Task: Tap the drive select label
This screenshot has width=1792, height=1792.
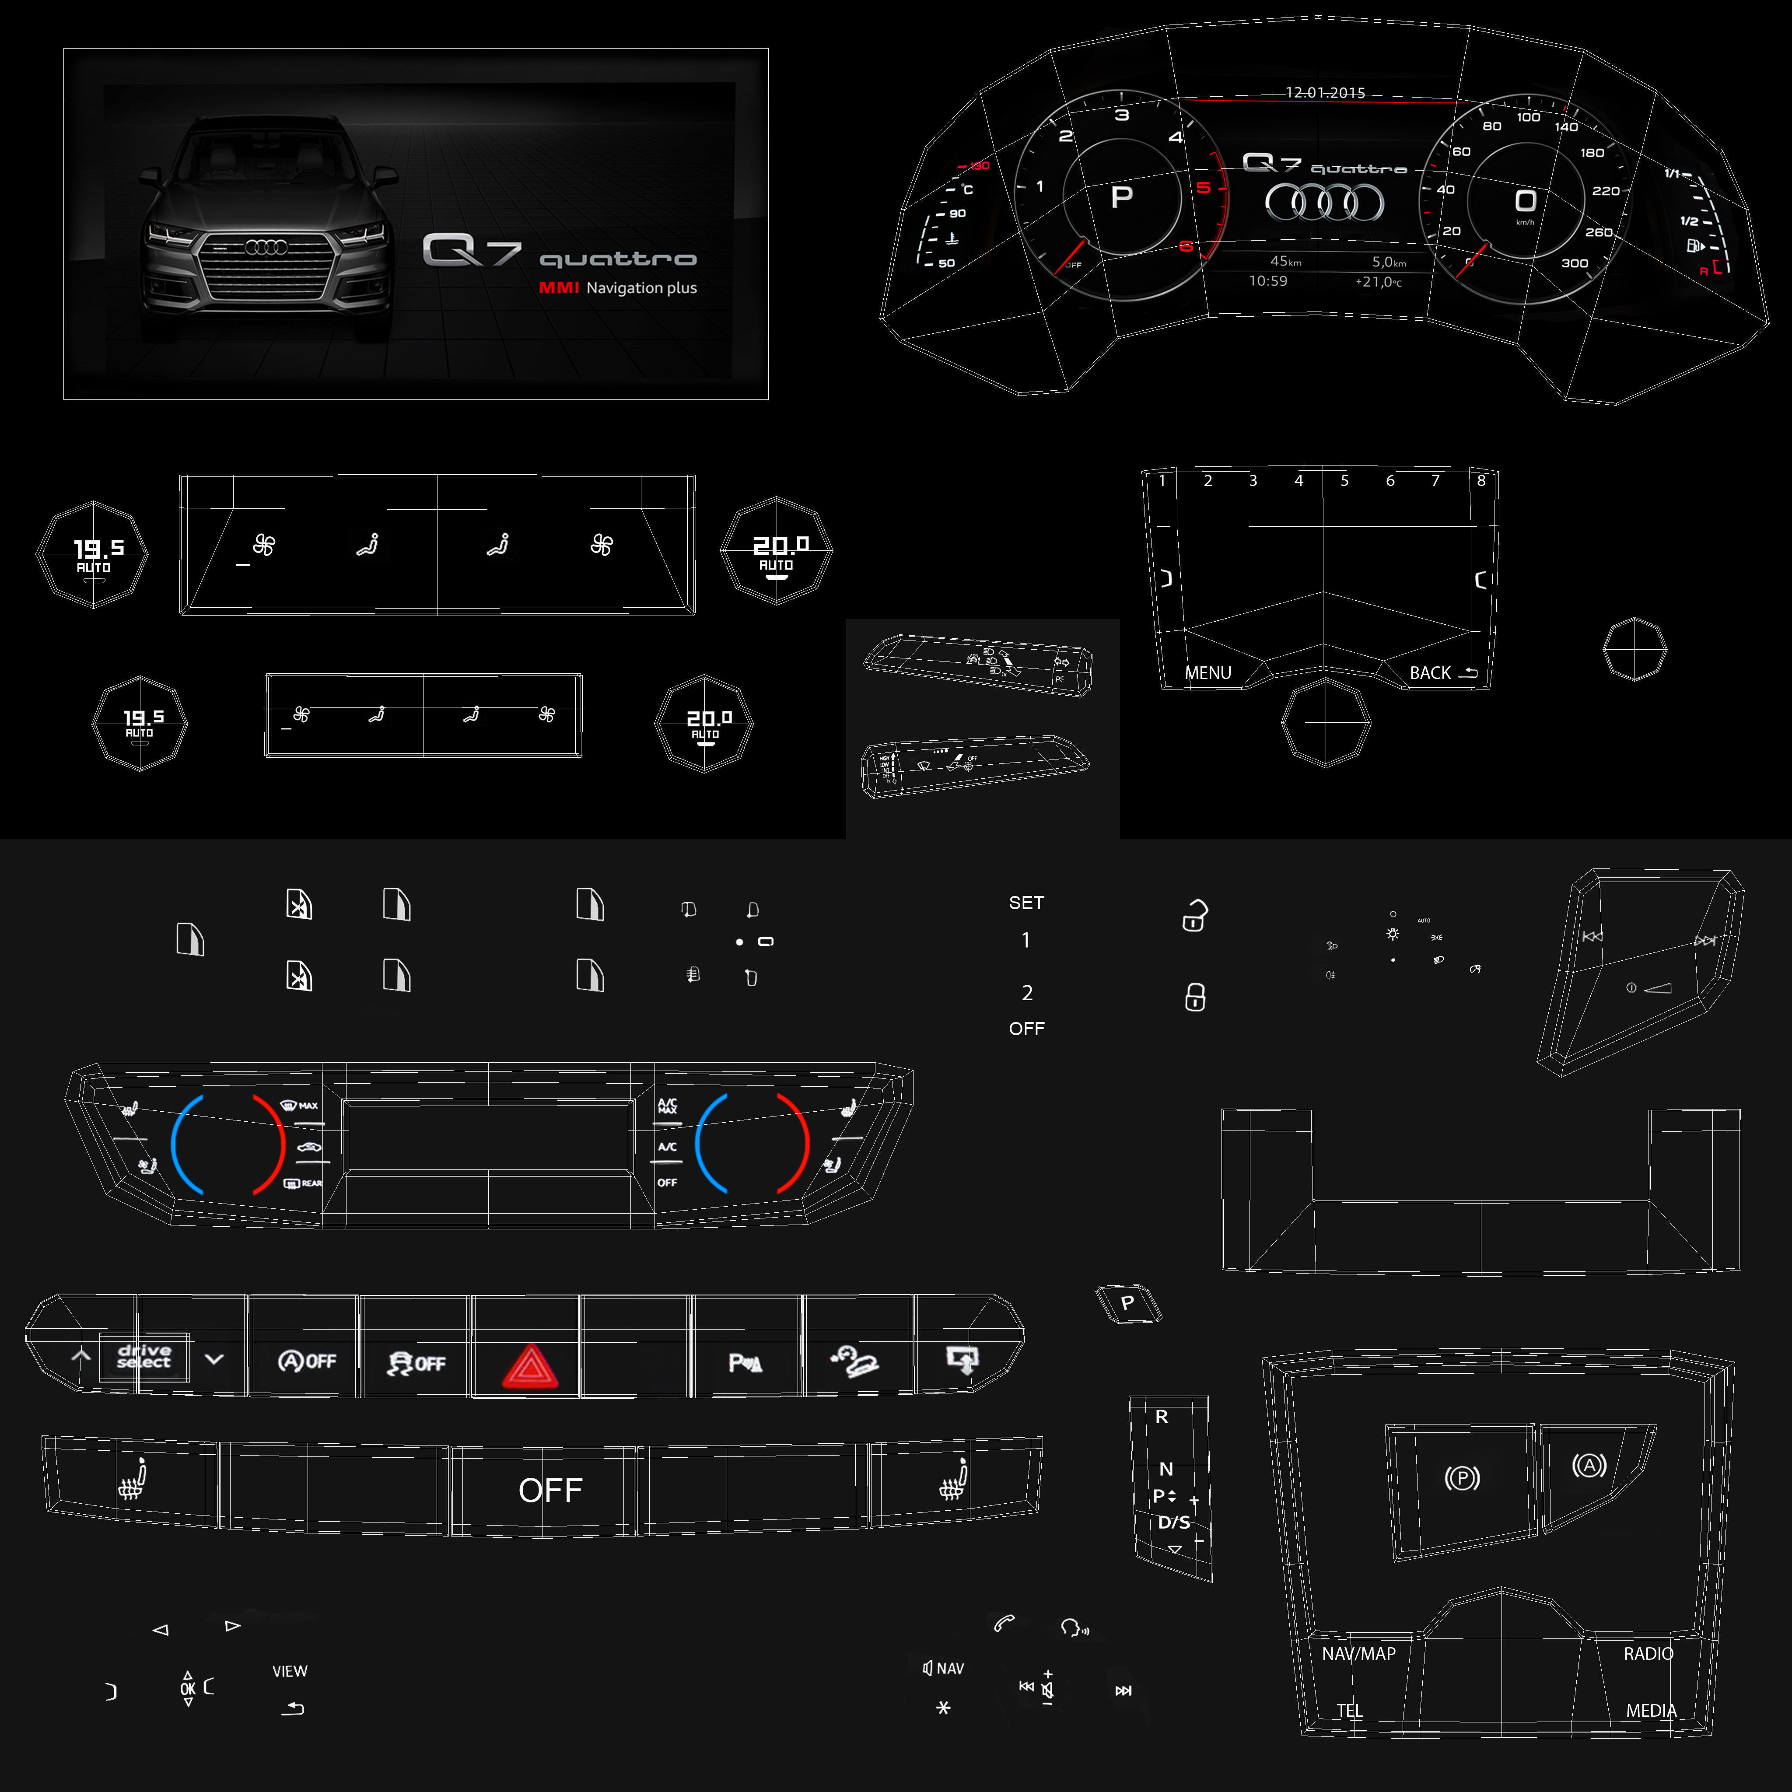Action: tap(144, 1357)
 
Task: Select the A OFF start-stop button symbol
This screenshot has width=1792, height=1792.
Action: tap(307, 1361)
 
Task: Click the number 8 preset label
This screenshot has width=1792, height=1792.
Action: tap(1481, 480)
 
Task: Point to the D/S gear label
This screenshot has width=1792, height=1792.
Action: tap(1173, 1522)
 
